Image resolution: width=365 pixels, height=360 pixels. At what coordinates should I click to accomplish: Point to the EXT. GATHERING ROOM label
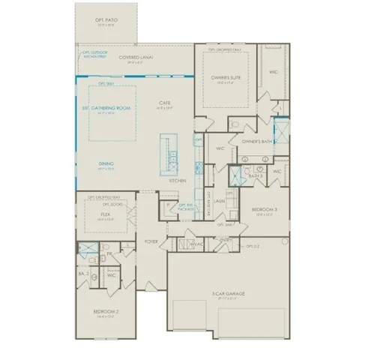(x=106, y=108)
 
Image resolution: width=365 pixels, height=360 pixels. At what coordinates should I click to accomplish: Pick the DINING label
(x=106, y=163)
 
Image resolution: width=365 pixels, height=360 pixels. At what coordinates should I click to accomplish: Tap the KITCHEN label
(x=177, y=181)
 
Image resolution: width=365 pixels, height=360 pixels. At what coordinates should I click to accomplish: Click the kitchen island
(x=170, y=154)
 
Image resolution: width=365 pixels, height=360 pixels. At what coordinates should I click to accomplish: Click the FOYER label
(x=151, y=241)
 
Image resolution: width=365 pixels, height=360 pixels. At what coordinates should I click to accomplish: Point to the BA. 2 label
(x=85, y=274)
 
